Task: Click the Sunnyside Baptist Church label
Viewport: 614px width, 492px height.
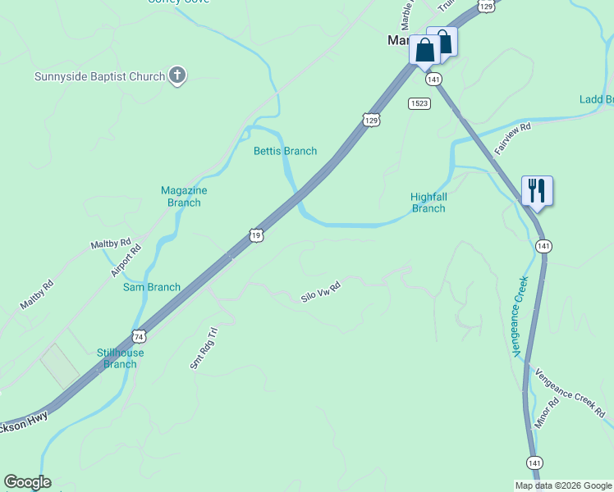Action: coord(99,77)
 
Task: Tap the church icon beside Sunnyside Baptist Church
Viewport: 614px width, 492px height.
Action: coord(176,76)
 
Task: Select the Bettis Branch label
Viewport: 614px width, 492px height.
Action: coord(285,151)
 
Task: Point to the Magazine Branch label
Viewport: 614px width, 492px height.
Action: coord(184,196)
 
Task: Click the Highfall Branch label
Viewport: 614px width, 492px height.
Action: coord(428,203)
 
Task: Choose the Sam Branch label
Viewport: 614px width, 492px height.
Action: coord(152,287)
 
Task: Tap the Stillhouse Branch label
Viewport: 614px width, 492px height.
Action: coord(120,358)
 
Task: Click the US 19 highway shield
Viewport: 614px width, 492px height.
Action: coord(256,236)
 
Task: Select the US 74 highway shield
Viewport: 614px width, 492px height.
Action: coord(140,336)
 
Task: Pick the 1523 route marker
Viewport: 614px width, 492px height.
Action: coord(419,103)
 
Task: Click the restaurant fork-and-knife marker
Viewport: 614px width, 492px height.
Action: coord(537,191)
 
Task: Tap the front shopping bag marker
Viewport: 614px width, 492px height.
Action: coord(425,51)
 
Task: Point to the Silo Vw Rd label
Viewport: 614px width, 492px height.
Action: coord(320,291)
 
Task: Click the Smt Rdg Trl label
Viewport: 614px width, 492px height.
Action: coord(204,348)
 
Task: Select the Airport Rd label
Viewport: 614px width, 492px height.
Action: coord(126,261)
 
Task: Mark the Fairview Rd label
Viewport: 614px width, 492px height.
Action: coord(513,139)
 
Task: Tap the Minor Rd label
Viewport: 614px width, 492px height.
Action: coord(545,416)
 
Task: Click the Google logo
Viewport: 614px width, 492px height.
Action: coord(27,482)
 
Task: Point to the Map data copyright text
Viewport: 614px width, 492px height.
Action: coord(562,485)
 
